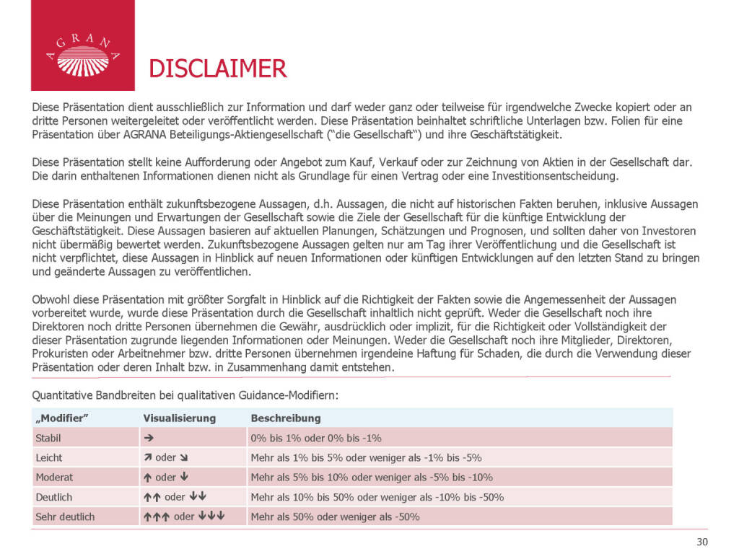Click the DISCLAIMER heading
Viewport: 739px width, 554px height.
[217, 69]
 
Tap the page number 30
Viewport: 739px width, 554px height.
[702, 542]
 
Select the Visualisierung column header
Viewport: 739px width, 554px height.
[179, 418]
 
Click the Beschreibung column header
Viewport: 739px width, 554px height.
[285, 418]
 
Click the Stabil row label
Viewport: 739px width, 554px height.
[48, 438]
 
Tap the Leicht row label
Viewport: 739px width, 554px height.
[48, 457]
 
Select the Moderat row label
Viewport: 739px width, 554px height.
[53, 477]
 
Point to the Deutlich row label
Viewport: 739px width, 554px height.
[53, 497]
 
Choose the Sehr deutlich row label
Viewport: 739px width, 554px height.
[64, 516]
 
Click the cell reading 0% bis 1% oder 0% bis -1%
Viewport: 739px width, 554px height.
[315, 438]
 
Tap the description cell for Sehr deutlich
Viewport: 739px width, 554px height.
[335, 516]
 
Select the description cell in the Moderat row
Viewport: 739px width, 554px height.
[371, 477]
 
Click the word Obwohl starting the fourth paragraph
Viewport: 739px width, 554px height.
[50, 299]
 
